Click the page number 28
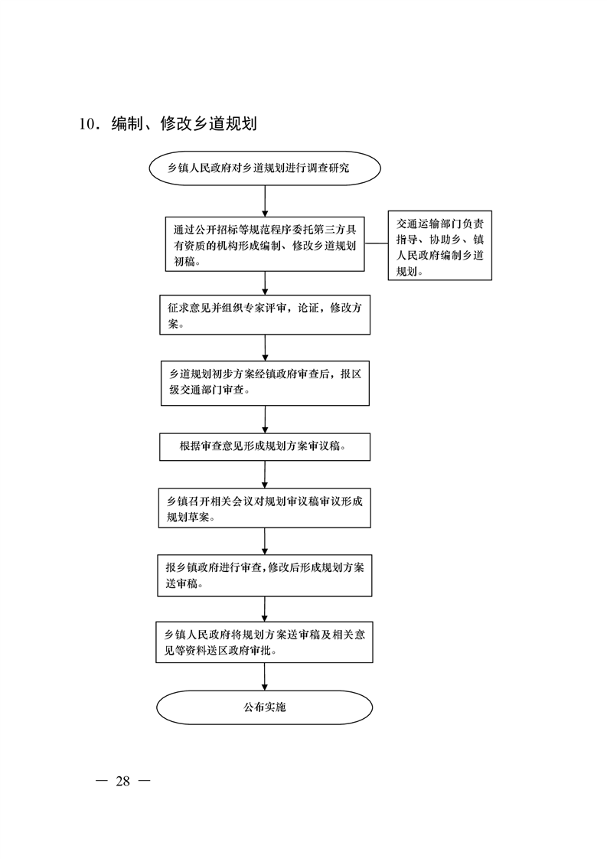tap(122, 781)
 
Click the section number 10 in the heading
tap(87, 124)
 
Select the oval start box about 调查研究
tap(265, 168)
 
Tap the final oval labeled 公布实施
tap(265, 707)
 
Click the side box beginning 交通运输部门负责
tap(440, 246)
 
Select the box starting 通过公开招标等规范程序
tap(265, 243)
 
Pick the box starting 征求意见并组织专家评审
tap(265, 315)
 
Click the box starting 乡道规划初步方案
tap(265, 383)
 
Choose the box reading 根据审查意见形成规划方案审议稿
tap(265, 447)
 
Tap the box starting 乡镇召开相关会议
tap(265, 508)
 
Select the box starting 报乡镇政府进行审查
tap(265, 576)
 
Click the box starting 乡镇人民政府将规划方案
tap(265, 642)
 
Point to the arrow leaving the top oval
tap(265, 201)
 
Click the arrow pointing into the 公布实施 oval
tap(265, 677)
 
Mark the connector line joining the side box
tap(377, 243)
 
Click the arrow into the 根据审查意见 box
tap(265, 420)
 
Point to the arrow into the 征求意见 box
tap(265, 283)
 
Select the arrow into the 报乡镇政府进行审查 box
tap(265, 542)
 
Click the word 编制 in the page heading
tap(127, 124)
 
